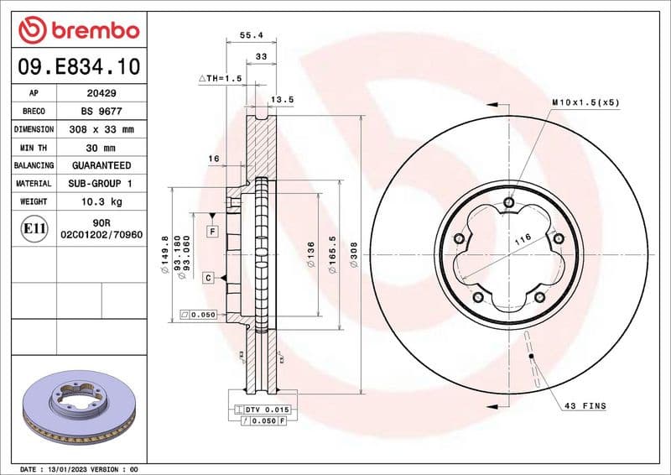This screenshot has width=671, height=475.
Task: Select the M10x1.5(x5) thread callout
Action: coord(585,102)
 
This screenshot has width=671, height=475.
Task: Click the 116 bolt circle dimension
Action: coord(523,240)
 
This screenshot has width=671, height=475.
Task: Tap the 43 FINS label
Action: coord(585,406)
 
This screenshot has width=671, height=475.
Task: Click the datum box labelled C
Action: coord(207,277)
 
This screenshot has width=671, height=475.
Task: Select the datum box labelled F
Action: coord(212,231)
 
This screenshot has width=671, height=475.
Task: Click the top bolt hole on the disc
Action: coord(509,201)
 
